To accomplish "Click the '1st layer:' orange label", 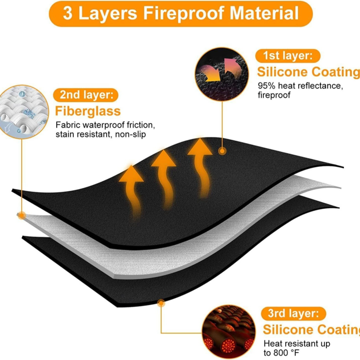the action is coord(288,56).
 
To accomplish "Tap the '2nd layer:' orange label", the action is coord(85,95).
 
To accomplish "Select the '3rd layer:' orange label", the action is coord(293,314).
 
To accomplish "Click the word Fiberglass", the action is coord(88,111).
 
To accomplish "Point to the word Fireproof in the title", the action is coord(184,13).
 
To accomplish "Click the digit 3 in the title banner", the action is coord(67,13).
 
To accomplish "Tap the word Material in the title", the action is coord(264,13).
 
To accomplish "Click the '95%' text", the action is coord(266,86).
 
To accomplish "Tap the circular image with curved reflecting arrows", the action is coord(222,74).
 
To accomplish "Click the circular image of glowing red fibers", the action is coord(229,332).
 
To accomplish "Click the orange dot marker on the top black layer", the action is coord(222,151).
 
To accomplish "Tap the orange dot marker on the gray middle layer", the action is coord(21,216).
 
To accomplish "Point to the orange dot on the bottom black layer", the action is coord(161,303).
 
